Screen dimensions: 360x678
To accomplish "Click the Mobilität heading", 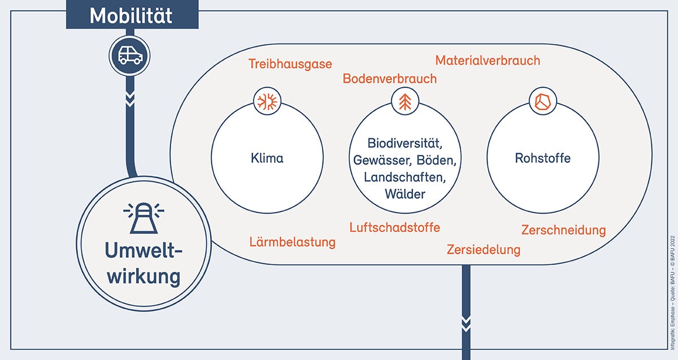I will click(131, 15).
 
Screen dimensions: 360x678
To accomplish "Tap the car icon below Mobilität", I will click(131, 55).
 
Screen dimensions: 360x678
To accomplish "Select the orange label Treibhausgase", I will click(290, 64).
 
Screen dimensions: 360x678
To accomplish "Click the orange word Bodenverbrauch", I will click(390, 79).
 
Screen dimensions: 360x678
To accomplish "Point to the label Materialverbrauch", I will click(488, 60).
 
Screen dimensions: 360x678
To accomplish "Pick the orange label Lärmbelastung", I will click(293, 242).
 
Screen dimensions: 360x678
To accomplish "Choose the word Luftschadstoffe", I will click(394, 227).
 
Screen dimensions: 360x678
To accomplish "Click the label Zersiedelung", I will click(484, 249).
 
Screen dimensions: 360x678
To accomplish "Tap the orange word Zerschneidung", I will click(563, 230).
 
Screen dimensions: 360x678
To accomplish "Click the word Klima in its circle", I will click(267, 158).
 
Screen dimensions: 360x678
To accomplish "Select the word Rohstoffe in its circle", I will click(542, 158).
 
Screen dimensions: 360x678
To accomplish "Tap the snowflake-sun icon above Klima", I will click(267, 102).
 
